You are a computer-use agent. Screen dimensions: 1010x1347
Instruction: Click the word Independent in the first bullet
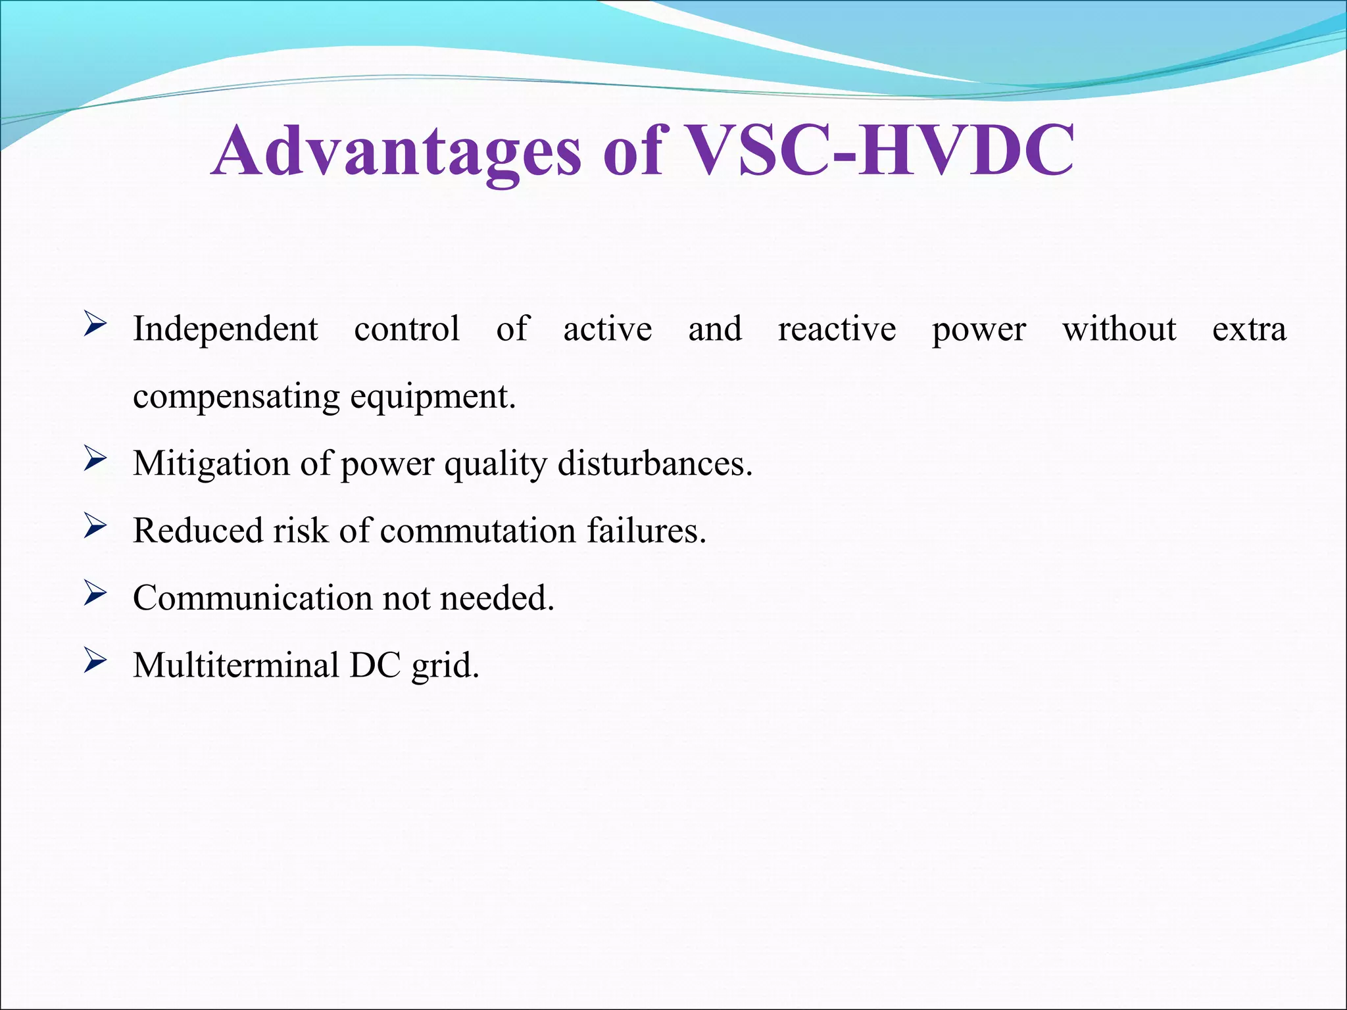tap(226, 329)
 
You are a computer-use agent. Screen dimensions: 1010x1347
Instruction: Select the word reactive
tap(837, 329)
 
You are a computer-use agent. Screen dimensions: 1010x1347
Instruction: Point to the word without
tap(1119, 329)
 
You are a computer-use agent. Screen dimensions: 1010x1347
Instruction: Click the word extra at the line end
tap(1249, 329)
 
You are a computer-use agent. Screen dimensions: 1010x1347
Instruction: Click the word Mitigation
tap(211, 464)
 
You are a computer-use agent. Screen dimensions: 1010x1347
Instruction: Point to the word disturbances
tap(654, 464)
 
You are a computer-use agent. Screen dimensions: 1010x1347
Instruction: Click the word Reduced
tap(198, 531)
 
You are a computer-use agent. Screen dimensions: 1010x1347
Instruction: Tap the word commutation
tap(478, 531)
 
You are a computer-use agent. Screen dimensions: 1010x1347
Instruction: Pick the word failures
tap(646, 531)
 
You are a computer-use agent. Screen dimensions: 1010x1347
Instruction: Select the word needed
tap(497, 598)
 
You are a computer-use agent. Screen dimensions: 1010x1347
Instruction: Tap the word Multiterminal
tap(236, 665)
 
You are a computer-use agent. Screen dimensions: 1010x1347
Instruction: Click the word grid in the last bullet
tap(445, 666)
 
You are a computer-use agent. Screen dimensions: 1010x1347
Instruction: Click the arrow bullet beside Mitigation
tap(95, 459)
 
